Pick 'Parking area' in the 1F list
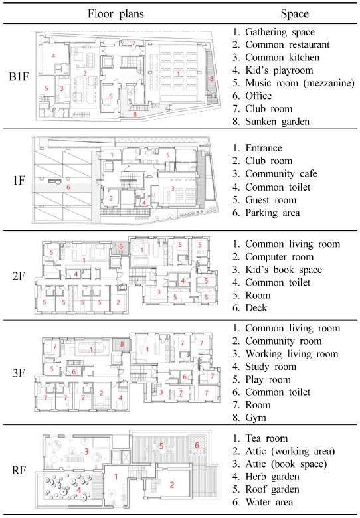click(x=276, y=213)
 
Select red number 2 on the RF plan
click(x=173, y=485)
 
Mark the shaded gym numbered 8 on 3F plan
click(x=121, y=344)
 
